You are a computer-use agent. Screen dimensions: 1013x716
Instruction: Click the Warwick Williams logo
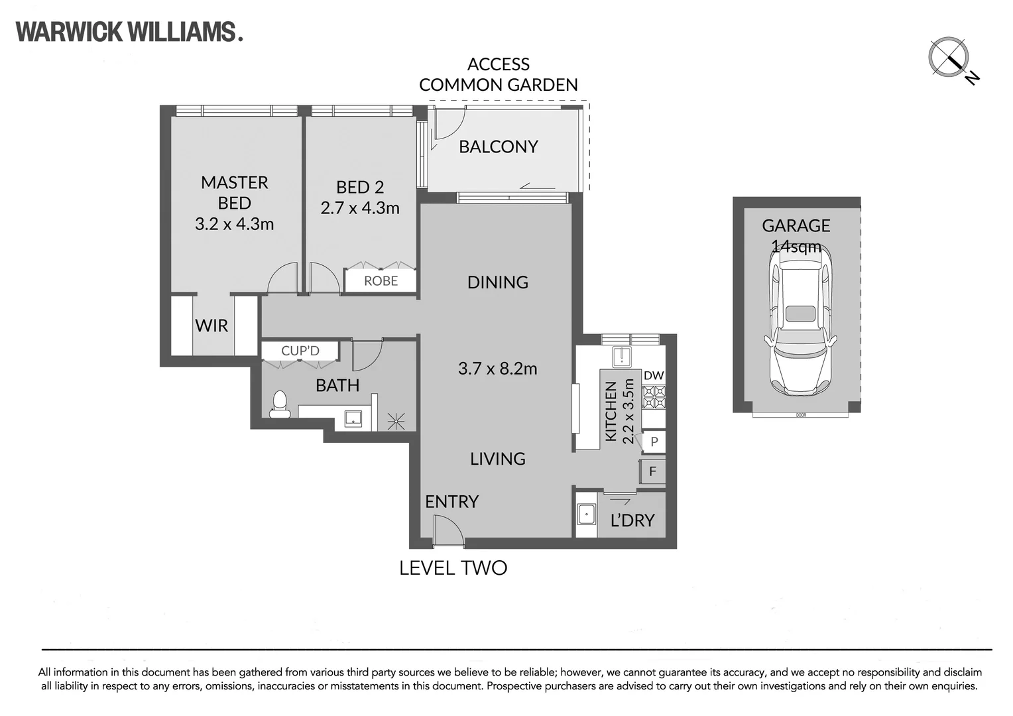[x=129, y=32]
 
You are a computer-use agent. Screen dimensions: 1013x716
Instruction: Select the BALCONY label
[x=499, y=147]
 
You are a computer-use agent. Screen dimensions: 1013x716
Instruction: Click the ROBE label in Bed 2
[x=381, y=281]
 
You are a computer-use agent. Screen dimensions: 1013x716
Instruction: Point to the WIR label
[x=211, y=326]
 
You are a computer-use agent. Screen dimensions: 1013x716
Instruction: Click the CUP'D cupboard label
[x=300, y=351]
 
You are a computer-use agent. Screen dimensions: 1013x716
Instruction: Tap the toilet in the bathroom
[x=280, y=404]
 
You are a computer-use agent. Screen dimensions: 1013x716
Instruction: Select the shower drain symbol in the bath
[x=396, y=421]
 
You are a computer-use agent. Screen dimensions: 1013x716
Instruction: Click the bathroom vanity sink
[x=353, y=418]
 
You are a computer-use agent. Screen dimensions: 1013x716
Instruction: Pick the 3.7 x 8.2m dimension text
[x=497, y=369]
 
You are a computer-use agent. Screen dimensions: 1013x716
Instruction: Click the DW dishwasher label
[x=654, y=375]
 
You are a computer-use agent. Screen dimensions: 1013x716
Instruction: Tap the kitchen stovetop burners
[x=654, y=397]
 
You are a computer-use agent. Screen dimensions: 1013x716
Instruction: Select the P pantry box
[x=654, y=442]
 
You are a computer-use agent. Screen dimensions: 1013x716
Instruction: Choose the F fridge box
[x=652, y=471]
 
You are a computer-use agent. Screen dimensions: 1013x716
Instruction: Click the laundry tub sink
[x=587, y=514]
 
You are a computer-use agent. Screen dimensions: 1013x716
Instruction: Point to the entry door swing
[x=449, y=532]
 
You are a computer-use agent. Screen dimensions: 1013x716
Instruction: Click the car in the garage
[x=800, y=322]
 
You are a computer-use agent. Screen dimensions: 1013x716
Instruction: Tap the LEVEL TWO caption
[x=453, y=568]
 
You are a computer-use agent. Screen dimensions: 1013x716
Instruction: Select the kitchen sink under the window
[x=623, y=357]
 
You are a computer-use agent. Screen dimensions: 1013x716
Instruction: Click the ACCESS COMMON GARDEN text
[x=499, y=75]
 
